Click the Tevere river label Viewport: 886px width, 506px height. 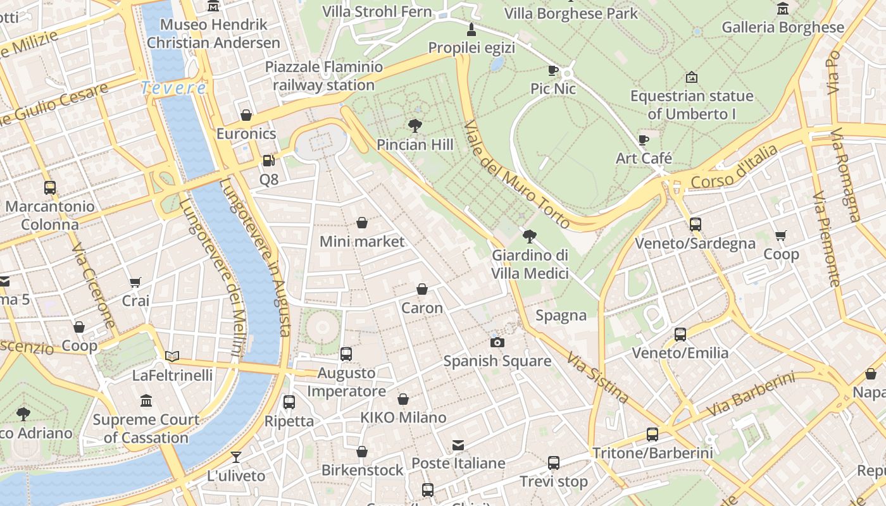pos(173,88)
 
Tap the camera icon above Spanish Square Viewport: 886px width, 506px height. pos(497,342)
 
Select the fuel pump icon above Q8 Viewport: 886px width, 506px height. pos(269,161)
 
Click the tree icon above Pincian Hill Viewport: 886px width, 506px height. pos(415,125)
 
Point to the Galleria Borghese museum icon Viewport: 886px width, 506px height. pos(783,8)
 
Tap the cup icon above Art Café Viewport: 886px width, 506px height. pos(644,139)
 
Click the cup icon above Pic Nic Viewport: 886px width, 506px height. pos(553,70)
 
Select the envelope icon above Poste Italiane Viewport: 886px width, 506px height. pos(458,445)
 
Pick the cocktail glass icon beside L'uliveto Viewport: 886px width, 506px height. pos(236,457)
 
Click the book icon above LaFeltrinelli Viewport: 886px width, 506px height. pos(172,356)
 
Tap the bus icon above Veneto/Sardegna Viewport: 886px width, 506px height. pos(695,224)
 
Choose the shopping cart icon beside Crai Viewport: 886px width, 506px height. pos(135,282)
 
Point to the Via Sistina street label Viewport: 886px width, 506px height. pos(597,378)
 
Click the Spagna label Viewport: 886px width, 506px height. pos(561,315)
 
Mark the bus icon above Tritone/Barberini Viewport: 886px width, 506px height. pos(652,435)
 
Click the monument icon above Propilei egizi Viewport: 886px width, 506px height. pos(471,29)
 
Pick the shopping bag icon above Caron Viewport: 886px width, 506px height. pos(422,289)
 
